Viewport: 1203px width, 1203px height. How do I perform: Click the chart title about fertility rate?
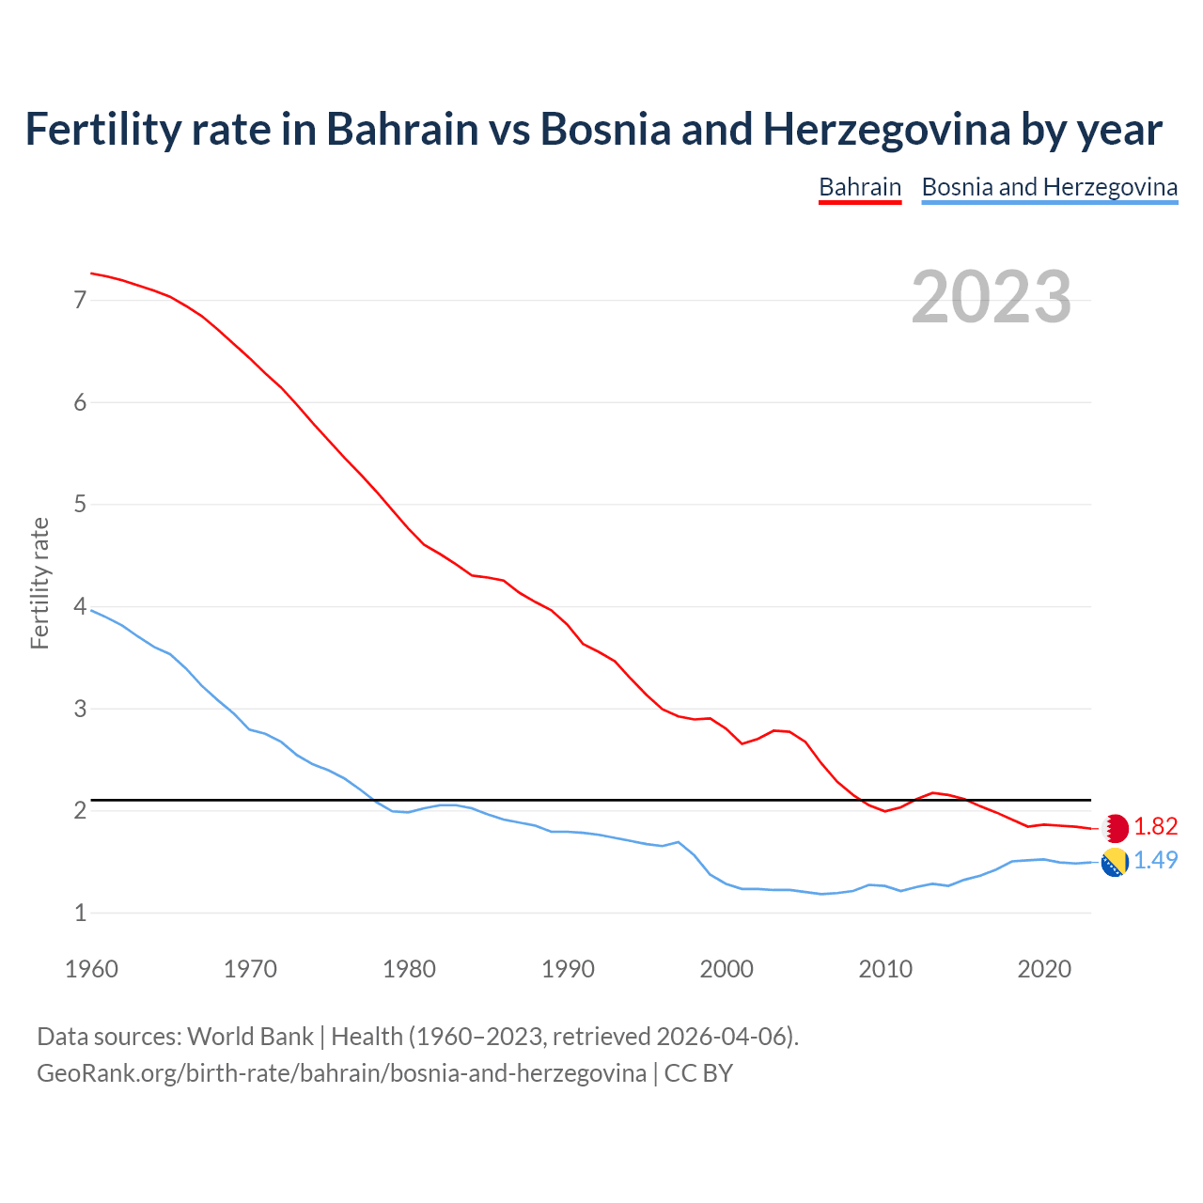593,129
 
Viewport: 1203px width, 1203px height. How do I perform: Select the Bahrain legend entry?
860,187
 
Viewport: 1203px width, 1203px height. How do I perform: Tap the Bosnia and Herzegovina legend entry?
1049,187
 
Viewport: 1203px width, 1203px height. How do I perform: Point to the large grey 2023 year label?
991,297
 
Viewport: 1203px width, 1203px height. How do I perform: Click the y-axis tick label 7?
80,301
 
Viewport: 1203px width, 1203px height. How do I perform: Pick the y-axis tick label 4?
80,607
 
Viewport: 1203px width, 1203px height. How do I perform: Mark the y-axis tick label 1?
80,913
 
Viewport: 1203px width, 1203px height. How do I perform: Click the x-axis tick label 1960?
91,969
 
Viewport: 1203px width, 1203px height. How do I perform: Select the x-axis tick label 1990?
568,969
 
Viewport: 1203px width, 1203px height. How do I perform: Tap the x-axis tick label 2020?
1044,969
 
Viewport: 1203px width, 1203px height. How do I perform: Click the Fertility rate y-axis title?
39,583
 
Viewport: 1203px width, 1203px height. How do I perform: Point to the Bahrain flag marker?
1115,828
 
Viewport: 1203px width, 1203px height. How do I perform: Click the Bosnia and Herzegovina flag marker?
1115,862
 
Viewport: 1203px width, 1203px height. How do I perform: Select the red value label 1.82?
1155,826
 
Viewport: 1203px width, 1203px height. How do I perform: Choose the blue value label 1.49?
1155,860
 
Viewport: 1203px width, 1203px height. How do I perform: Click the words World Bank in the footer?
250,1037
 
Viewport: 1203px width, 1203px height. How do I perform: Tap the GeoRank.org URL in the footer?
341,1072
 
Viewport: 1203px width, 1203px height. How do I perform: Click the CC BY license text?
698,1072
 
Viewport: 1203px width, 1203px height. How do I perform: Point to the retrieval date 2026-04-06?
725,1037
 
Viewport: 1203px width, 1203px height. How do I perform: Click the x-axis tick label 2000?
726,969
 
